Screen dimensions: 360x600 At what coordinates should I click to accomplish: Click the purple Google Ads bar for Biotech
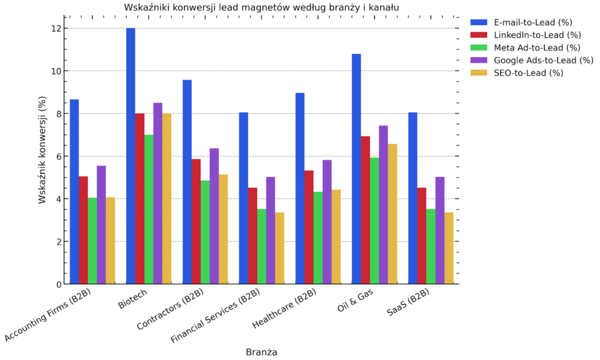(158, 193)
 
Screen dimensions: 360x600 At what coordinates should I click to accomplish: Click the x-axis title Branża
(261, 352)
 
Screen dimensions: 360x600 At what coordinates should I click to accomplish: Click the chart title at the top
(261, 7)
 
